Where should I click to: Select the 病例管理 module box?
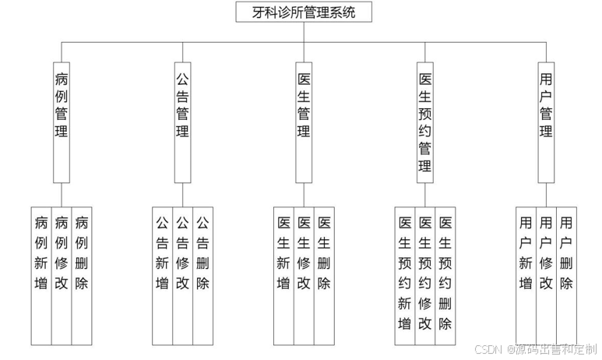point(62,122)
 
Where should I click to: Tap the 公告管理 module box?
point(182,122)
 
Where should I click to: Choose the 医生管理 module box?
point(305,122)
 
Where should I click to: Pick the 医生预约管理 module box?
point(425,122)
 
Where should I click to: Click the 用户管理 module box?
point(546,122)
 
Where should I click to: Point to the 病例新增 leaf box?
point(42,275)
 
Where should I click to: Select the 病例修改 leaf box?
point(62,275)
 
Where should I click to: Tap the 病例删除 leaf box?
point(82,275)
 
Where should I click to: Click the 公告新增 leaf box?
point(162,275)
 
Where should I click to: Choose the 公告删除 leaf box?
point(202,275)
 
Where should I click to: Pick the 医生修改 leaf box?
point(305,275)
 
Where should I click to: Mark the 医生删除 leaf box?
point(325,275)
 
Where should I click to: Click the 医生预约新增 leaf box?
point(405,275)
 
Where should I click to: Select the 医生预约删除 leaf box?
point(445,275)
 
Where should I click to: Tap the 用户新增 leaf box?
point(526,275)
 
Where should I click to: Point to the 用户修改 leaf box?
point(546,275)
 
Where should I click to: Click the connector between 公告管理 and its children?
point(182,195)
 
